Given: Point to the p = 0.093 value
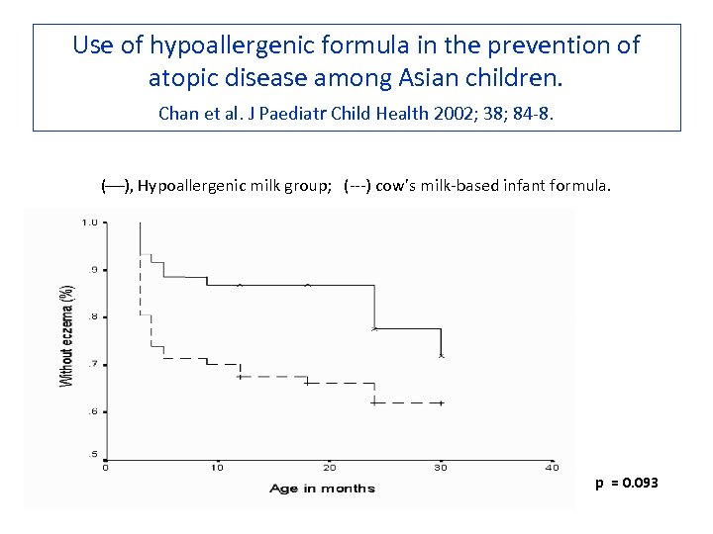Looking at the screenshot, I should [x=626, y=483].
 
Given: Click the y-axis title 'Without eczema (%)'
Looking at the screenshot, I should [x=66, y=336].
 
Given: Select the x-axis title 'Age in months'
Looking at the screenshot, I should [x=322, y=489].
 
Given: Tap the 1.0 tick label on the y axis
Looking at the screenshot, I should [x=89, y=222].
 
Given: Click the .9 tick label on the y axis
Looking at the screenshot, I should [x=92, y=269].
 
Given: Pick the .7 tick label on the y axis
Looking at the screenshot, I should [x=92, y=364].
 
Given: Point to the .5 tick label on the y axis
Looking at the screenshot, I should [x=92, y=455].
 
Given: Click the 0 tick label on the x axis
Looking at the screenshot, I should [x=106, y=468].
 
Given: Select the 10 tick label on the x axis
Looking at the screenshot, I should [x=218, y=468].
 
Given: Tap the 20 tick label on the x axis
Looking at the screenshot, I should [x=330, y=468].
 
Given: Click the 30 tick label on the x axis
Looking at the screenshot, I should [x=442, y=468].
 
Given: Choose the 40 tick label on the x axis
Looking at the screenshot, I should [x=553, y=468].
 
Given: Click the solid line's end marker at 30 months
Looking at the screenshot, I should [x=442, y=355].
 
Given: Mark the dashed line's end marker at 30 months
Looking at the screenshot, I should [x=442, y=402].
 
